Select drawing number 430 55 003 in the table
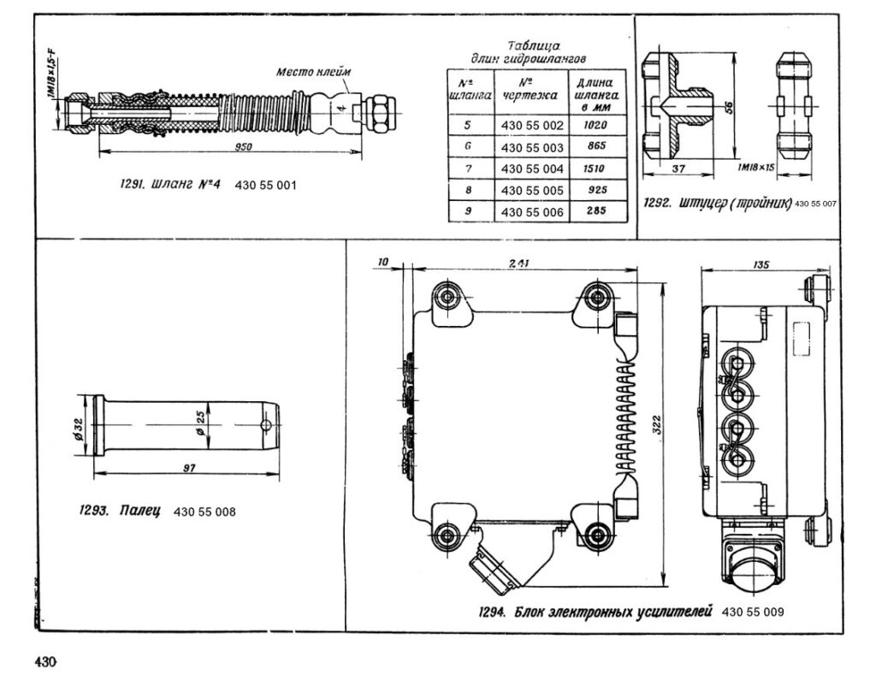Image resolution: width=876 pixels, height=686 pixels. (x=532, y=148)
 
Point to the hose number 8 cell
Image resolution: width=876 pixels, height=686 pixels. (x=469, y=190)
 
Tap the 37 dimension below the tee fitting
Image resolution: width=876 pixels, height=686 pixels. (x=678, y=169)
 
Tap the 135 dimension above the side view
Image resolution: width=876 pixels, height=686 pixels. (x=761, y=264)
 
